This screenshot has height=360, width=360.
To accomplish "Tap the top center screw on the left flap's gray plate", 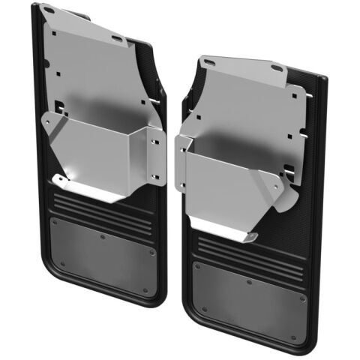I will (103, 235).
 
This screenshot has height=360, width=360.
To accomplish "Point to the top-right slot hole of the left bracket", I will (118, 37).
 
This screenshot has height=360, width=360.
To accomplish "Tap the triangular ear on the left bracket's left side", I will (51, 123).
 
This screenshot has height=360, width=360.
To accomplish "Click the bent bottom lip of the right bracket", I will (225, 231).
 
